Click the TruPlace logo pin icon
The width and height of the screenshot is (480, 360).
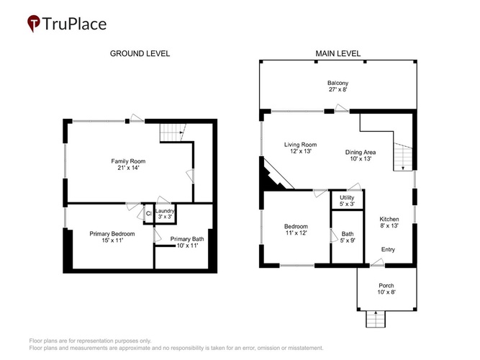33,23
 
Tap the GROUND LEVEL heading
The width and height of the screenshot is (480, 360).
140,53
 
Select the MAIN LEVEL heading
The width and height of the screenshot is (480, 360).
338,53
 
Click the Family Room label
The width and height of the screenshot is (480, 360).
128,161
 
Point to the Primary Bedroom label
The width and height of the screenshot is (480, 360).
112,234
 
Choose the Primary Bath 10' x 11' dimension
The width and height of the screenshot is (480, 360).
187,246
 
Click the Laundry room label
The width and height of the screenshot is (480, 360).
165,211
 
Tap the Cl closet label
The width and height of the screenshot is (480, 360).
149,213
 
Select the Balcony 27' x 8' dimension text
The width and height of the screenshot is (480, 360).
338,89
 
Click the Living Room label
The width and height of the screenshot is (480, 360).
300,145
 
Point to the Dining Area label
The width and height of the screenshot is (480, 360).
361,152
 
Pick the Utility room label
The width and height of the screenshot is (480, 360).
347,197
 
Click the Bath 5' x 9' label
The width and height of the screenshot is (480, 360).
348,237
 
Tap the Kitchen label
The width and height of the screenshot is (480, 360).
389,219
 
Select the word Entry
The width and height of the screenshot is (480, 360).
388,249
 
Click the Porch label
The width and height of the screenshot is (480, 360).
386,286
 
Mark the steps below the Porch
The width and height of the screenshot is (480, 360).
376,319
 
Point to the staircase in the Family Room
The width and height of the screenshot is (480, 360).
173,132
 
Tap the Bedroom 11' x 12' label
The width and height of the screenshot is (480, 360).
296,230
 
